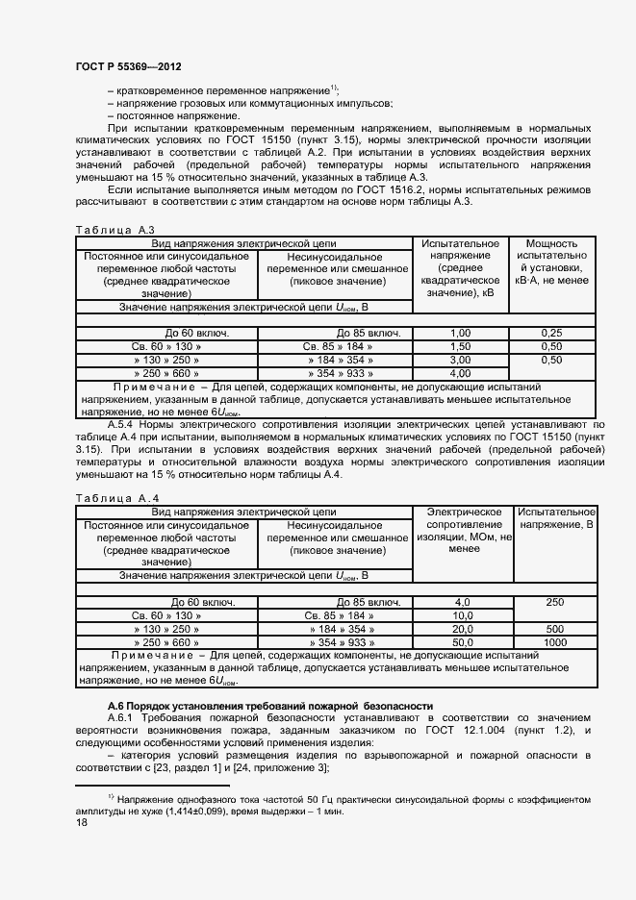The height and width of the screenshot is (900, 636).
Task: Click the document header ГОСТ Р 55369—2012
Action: tap(128, 66)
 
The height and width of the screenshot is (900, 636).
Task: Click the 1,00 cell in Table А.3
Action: tap(460, 332)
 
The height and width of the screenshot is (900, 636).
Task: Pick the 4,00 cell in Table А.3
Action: tap(460, 373)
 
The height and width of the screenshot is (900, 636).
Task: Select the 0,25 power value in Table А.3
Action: tap(551, 332)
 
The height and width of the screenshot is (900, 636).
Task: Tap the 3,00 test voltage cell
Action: tap(460, 360)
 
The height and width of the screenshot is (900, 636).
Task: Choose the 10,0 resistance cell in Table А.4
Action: tap(462, 614)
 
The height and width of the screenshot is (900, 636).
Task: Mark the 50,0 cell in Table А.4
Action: tap(462, 641)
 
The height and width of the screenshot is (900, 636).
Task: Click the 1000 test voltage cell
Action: tap(554, 641)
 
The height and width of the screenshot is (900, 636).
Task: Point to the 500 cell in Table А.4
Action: tap(554, 628)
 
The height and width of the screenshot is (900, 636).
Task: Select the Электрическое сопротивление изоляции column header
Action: tap(464, 532)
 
